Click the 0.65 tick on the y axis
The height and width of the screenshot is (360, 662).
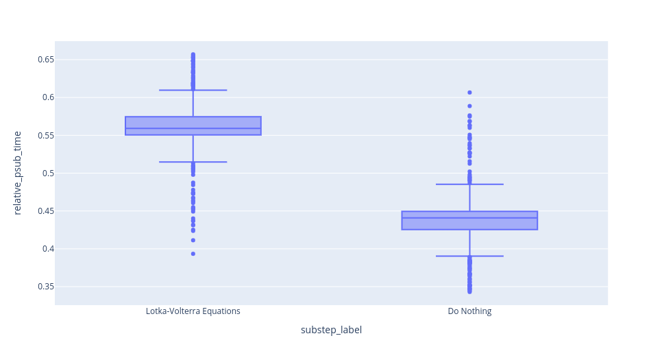(46, 60)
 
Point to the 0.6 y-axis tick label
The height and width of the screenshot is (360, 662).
(48, 97)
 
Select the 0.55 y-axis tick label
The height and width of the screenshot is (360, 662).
(46, 135)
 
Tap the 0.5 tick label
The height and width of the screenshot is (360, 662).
(48, 173)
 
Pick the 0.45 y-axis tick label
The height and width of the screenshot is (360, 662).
(46, 211)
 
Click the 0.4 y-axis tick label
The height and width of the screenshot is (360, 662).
(48, 249)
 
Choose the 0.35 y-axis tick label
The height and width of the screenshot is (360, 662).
(46, 287)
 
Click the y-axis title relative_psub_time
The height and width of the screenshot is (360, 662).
(17, 173)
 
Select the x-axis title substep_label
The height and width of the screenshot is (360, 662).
(331, 330)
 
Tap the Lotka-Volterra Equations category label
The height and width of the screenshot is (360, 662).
(193, 311)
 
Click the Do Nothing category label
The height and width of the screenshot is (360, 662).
(469, 311)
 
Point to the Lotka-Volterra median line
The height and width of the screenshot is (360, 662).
(193, 128)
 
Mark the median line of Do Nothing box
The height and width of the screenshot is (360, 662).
(469, 218)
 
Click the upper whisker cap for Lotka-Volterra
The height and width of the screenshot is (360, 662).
(193, 90)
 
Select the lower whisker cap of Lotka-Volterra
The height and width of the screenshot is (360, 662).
(193, 162)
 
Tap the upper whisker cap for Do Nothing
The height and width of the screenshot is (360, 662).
(469, 184)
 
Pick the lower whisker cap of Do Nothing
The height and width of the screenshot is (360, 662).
(469, 256)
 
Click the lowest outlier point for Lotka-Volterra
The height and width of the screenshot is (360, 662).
(193, 254)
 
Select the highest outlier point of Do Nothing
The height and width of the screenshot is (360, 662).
(469, 93)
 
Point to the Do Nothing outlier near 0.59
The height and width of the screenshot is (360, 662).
(469, 106)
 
